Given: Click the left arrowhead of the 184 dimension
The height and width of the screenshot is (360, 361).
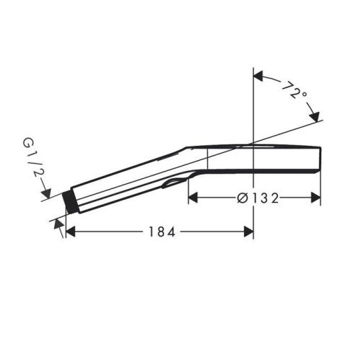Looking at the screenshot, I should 73,232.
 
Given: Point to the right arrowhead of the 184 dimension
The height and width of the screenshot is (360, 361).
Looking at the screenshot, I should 246,232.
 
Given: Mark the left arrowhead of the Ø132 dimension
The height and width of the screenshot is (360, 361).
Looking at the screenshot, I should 195,197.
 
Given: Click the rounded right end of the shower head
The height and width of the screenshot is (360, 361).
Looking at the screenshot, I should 318,159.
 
